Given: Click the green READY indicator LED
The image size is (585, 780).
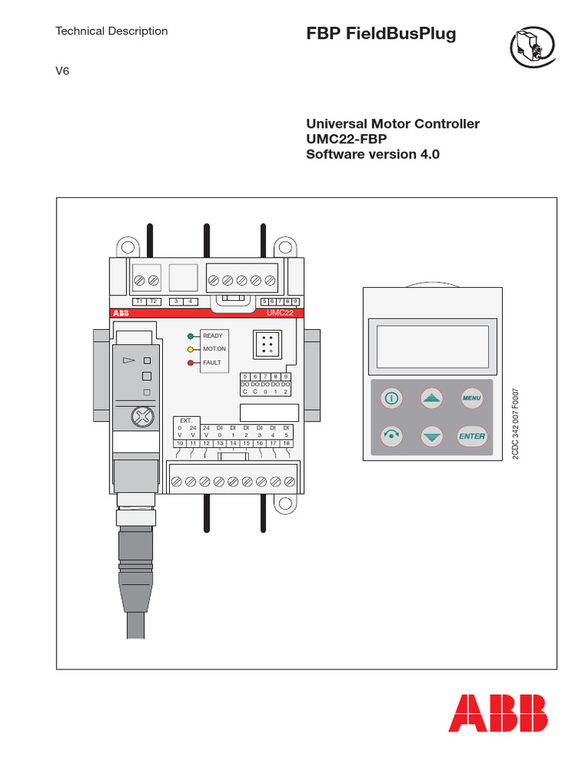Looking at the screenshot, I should (191, 335).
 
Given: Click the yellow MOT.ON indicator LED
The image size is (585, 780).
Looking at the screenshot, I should (191, 349).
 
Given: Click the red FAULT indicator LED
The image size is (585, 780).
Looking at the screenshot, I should (191, 363).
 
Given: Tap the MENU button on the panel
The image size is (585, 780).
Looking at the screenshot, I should (472, 398).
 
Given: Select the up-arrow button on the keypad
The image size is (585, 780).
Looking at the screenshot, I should (432, 398).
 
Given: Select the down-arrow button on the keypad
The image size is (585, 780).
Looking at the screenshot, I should (432, 436).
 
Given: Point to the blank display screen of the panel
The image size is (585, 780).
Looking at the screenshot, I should (432, 346).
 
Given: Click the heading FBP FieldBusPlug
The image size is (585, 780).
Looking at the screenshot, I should (381, 34).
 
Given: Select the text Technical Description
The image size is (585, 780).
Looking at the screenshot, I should (112, 31).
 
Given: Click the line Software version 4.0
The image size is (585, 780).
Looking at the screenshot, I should (373, 154).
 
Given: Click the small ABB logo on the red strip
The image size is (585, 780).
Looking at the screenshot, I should (121, 313).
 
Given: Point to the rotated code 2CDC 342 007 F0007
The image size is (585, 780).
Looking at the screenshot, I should (515, 425).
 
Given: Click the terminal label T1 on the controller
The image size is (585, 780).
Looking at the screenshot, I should (139, 301).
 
